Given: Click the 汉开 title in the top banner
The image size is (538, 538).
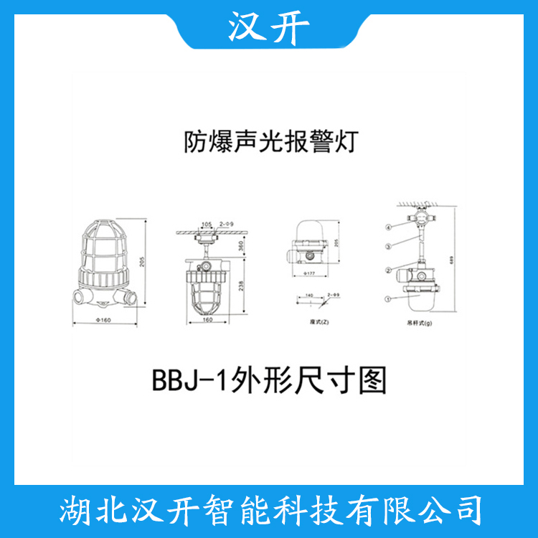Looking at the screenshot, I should point(269,27).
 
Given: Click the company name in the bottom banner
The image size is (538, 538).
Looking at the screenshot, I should point(269,511).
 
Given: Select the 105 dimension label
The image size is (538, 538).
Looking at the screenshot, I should point(207,225).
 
